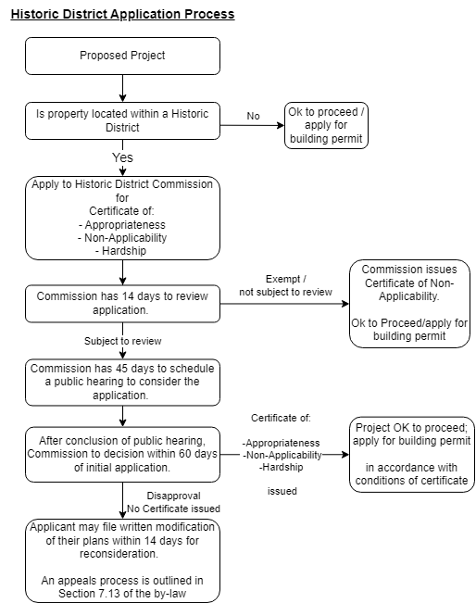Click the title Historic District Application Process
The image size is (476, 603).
(x=122, y=15)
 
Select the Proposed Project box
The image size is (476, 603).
(x=122, y=56)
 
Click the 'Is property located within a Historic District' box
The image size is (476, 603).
(x=122, y=120)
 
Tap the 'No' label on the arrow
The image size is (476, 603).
(x=253, y=116)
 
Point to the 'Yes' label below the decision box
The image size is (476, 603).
(x=122, y=157)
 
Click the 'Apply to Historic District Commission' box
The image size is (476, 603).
(x=122, y=218)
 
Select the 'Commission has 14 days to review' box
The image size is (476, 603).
(x=122, y=303)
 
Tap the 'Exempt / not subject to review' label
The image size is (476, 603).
(x=285, y=284)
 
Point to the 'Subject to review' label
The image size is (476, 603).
(x=122, y=341)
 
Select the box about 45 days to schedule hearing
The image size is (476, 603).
(x=122, y=381)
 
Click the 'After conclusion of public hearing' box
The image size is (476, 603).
(x=122, y=453)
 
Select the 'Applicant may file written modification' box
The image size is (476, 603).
(x=122, y=560)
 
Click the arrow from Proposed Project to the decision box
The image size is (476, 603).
(x=122, y=88)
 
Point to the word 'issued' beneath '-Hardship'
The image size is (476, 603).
(x=282, y=491)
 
